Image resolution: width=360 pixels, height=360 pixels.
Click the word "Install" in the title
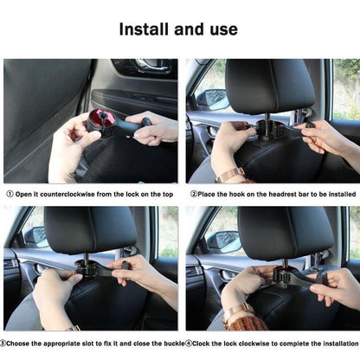(x=144, y=29)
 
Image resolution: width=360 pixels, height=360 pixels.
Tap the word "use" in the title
(x=223, y=30)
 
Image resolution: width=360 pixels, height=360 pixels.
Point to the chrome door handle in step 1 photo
(x=150, y=65)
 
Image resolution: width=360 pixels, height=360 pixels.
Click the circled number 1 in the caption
(x=10, y=194)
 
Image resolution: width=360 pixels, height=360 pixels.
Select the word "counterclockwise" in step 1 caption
(x=67, y=194)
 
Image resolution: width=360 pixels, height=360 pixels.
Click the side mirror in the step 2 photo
(x=213, y=99)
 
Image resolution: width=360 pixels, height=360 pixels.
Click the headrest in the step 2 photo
(x=269, y=86)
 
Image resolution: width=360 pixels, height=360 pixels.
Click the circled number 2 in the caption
(x=194, y=194)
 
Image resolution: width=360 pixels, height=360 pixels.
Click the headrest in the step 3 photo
(x=90, y=229)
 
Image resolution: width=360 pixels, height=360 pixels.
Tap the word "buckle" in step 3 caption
(x=174, y=344)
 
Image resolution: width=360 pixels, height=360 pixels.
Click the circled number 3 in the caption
(x=3, y=344)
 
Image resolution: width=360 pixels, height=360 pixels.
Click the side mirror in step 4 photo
(x=224, y=241)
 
